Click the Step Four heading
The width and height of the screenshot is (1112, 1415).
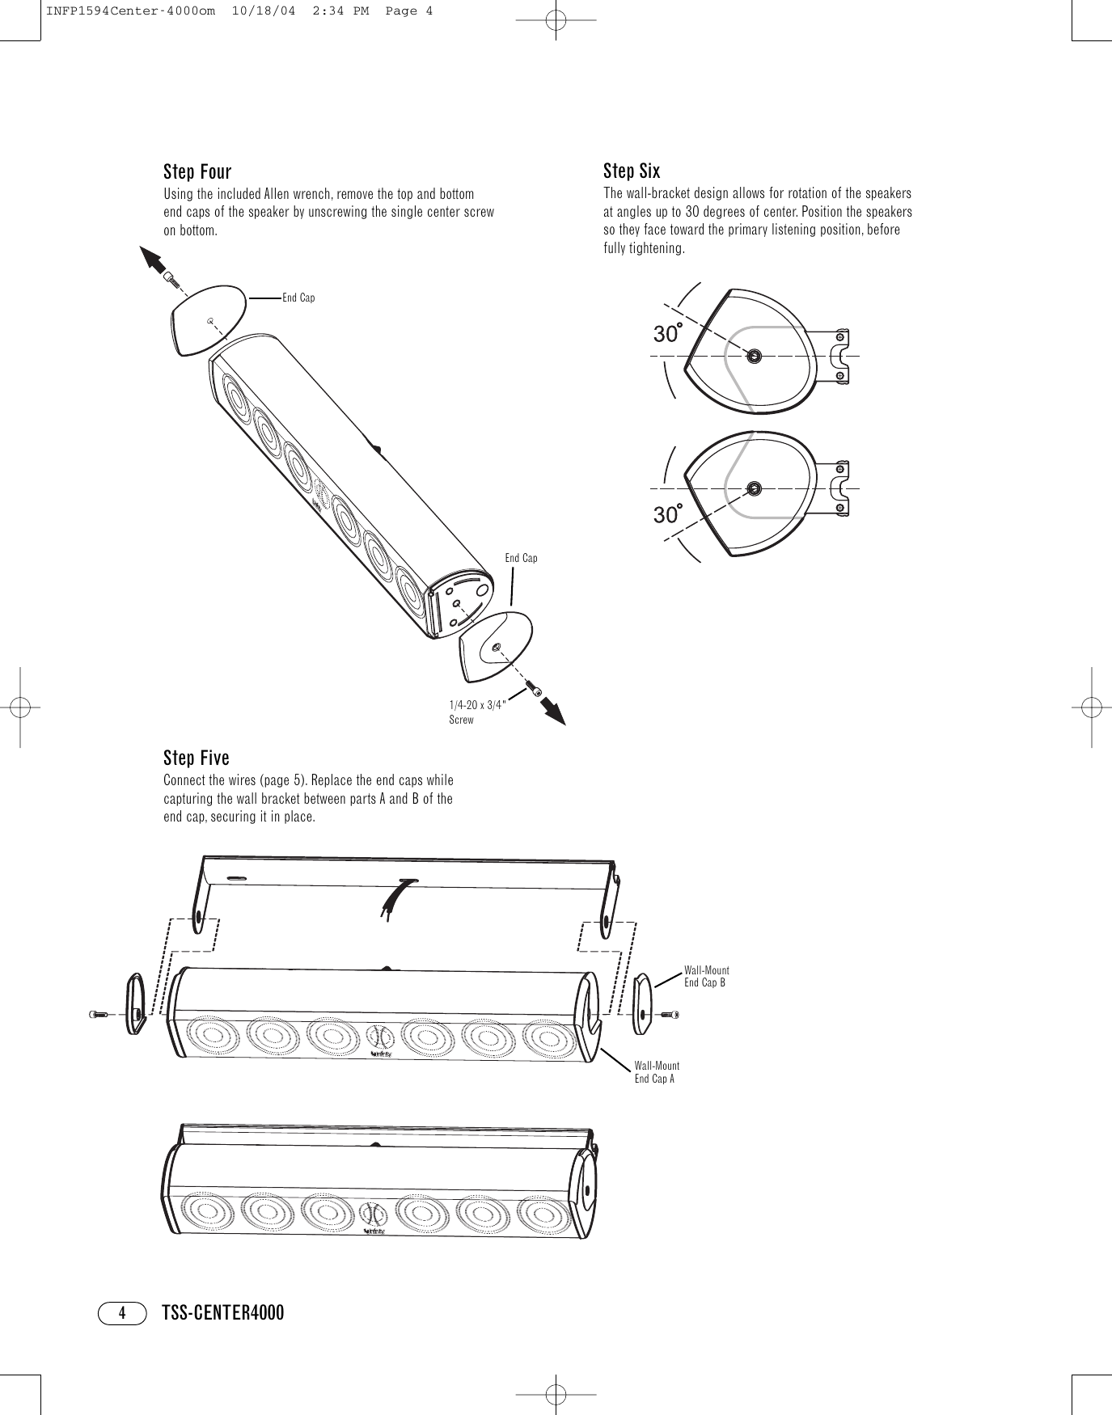tap(197, 172)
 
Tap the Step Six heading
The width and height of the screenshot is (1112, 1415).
tap(632, 171)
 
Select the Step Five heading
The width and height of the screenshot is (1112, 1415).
tap(197, 758)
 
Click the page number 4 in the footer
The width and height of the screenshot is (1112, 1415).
tap(122, 1312)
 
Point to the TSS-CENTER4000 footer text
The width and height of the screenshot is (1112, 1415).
tap(223, 1312)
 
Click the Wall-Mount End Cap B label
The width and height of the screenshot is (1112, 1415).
tap(706, 976)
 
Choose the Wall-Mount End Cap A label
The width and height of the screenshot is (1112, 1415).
tap(657, 1072)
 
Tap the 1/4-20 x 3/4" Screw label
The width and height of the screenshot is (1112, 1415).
tap(476, 712)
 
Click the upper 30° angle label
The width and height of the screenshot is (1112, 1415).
tap(668, 332)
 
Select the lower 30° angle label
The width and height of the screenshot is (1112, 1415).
tap(668, 513)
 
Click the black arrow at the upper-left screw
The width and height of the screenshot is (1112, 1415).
tap(155, 261)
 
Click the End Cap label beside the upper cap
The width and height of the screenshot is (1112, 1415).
tap(298, 298)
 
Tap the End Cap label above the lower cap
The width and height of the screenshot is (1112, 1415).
tap(521, 559)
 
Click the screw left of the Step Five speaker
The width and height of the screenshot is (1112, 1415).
tap(99, 1014)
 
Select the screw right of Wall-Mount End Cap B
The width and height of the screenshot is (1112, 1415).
tap(670, 1014)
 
